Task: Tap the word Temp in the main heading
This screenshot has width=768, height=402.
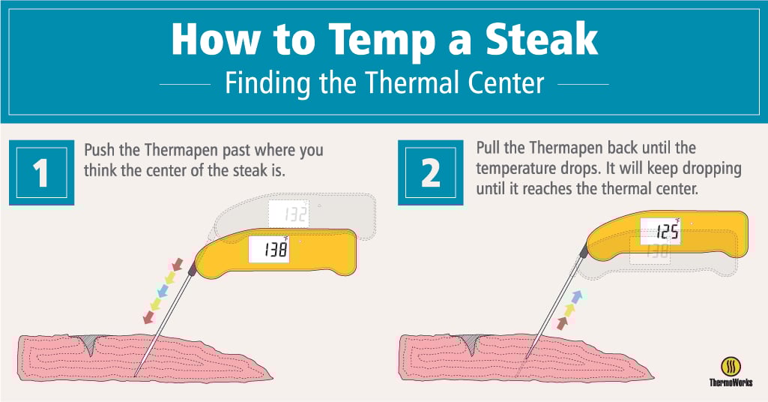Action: pos(382,41)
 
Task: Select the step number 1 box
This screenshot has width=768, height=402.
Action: pos(42,172)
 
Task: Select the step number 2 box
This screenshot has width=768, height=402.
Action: pos(431,172)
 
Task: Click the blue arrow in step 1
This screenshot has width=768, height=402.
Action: pos(163,291)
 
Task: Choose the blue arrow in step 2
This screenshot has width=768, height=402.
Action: pos(577,296)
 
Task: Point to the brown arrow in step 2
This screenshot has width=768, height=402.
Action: pos(562,323)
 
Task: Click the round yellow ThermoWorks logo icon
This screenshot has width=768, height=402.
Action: pos(731,367)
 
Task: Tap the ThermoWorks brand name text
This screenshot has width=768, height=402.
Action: pos(731,382)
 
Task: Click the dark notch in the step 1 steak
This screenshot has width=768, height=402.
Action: pos(89,344)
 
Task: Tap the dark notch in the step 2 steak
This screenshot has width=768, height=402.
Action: pos(471,344)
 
